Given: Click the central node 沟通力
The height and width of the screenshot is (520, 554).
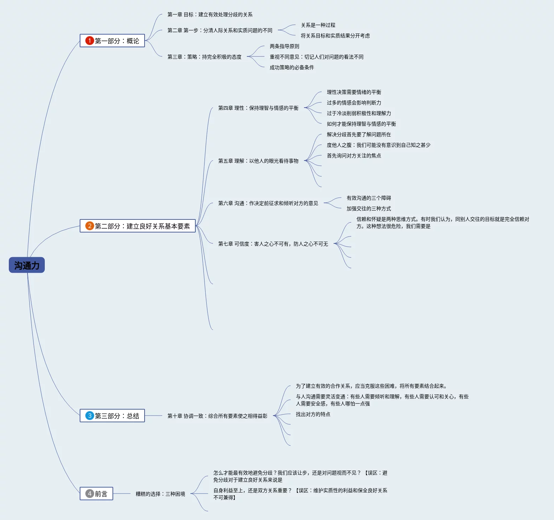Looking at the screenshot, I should [x=27, y=265].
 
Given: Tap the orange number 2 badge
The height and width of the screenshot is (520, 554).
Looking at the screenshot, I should [x=90, y=226].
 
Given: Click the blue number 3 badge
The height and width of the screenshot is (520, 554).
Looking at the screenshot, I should [x=90, y=416].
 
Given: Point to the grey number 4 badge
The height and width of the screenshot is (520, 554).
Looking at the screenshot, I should [x=90, y=494].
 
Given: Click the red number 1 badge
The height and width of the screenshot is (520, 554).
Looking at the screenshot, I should [x=90, y=41].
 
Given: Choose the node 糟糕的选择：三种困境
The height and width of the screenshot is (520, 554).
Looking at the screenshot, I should [x=160, y=494].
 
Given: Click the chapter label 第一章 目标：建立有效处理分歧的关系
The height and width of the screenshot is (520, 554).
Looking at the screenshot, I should [x=210, y=14].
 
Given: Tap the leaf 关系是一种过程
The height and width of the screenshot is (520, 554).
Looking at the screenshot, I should [x=318, y=25].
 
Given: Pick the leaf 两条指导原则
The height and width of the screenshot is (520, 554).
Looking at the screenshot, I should [x=284, y=46].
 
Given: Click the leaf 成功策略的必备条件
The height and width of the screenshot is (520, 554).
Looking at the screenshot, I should [x=292, y=67].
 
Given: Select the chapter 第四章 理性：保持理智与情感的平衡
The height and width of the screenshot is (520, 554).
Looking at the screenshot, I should [x=258, y=108].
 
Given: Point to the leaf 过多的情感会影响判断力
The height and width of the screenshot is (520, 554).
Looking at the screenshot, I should [x=354, y=103].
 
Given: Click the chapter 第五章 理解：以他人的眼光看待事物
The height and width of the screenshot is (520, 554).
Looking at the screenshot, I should [x=258, y=161].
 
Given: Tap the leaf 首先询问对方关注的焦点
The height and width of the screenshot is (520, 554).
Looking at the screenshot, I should [x=354, y=156].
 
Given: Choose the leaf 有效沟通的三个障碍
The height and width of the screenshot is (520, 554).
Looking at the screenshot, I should [x=369, y=198].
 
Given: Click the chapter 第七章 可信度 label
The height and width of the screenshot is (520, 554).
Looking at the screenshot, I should [x=273, y=244].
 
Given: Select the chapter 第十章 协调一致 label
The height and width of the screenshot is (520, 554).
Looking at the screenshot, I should [x=217, y=416].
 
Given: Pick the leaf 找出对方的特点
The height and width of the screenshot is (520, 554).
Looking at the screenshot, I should [x=313, y=414].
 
